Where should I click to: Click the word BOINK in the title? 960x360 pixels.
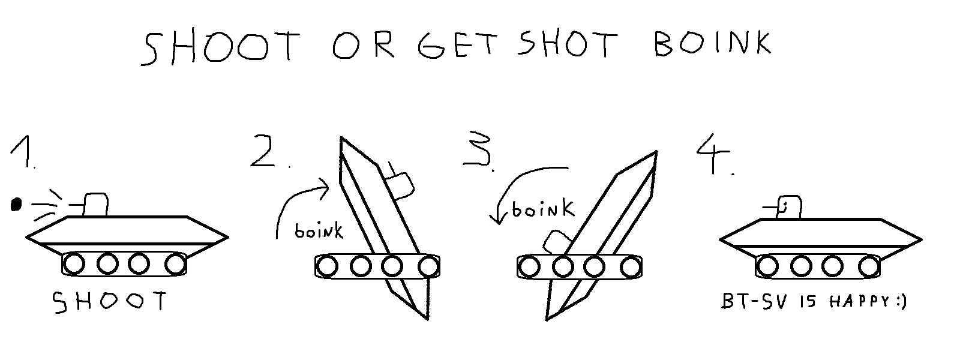click(712, 43)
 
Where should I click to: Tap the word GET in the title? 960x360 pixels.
click(458, 44)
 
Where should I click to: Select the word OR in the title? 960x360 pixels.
click(364, 44)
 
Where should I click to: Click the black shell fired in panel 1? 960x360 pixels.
click(16, 205)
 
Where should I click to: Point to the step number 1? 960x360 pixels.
click(22, 152)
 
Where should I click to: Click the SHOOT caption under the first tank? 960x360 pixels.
click(110, 301)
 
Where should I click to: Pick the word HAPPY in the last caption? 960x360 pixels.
click(860, 302)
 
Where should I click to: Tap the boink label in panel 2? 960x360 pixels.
click(319, 231)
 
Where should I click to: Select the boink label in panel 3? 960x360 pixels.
click(543, 209)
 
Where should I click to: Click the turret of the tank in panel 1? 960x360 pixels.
click(95, 205)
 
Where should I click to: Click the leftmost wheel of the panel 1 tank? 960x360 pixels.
click(74, 264)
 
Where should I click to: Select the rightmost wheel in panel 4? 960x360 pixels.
click(869, 266)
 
